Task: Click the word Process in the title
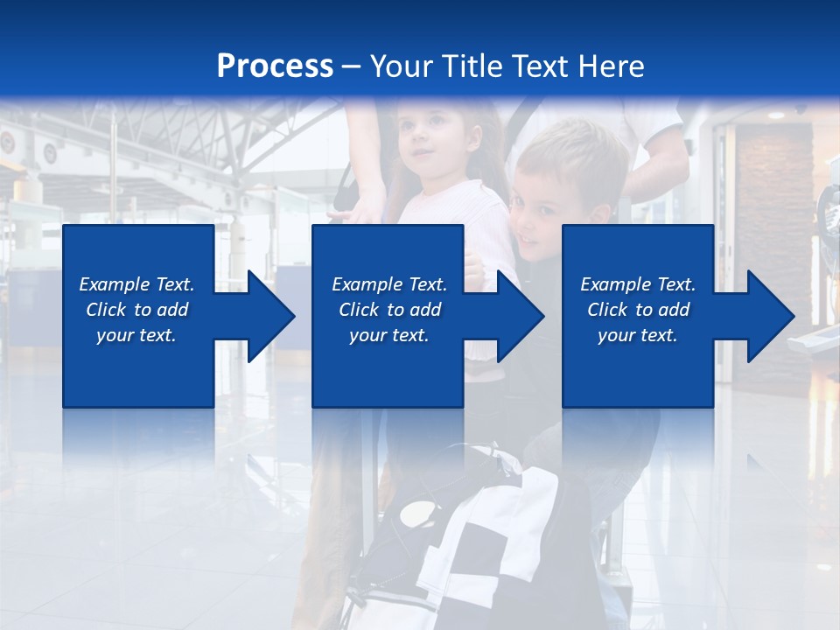(x=275, y=66)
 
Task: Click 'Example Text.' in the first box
(x=136, y=284)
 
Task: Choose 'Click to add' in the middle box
(x=389, y=310)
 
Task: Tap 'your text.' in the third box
(x=638, y=335)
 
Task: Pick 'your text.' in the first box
(x=136, y=335)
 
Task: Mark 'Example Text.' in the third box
(x=638, y=284)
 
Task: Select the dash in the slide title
(x=352, y=66)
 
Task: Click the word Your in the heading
(x=402, y=66)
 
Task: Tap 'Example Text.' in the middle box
(x=389, y=284)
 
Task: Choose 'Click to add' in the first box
(x=136, y=310)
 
